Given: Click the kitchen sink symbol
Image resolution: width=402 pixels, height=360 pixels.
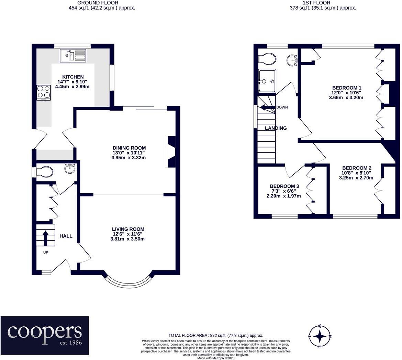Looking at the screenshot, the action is [73, 56].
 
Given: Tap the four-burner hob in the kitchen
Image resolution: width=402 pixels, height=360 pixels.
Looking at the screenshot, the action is [44, 93].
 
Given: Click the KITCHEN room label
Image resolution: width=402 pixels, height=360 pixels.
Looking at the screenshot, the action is [73, 77].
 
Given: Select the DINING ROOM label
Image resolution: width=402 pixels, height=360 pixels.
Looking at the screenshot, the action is [129, 148].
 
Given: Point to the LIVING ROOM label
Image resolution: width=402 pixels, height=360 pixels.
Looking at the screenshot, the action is [128, 229].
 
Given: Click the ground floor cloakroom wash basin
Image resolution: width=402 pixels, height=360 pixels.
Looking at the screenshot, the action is [70, 169].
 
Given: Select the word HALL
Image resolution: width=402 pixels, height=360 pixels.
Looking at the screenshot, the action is [66, 236].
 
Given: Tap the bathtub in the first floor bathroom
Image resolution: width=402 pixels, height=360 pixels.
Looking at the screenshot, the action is [267, 81].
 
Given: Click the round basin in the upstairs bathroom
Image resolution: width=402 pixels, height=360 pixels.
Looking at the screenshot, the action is [292, 60].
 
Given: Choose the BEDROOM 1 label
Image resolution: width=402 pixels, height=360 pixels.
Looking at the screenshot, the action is [347, 88].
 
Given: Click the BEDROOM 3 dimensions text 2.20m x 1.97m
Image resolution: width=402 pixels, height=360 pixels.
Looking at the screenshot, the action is [284, 196].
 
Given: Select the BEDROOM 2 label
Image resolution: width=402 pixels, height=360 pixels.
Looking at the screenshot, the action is [357, 168].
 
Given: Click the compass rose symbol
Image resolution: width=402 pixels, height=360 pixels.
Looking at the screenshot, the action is [320, 336].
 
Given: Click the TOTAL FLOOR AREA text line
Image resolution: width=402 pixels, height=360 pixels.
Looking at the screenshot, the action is [216, 335].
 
